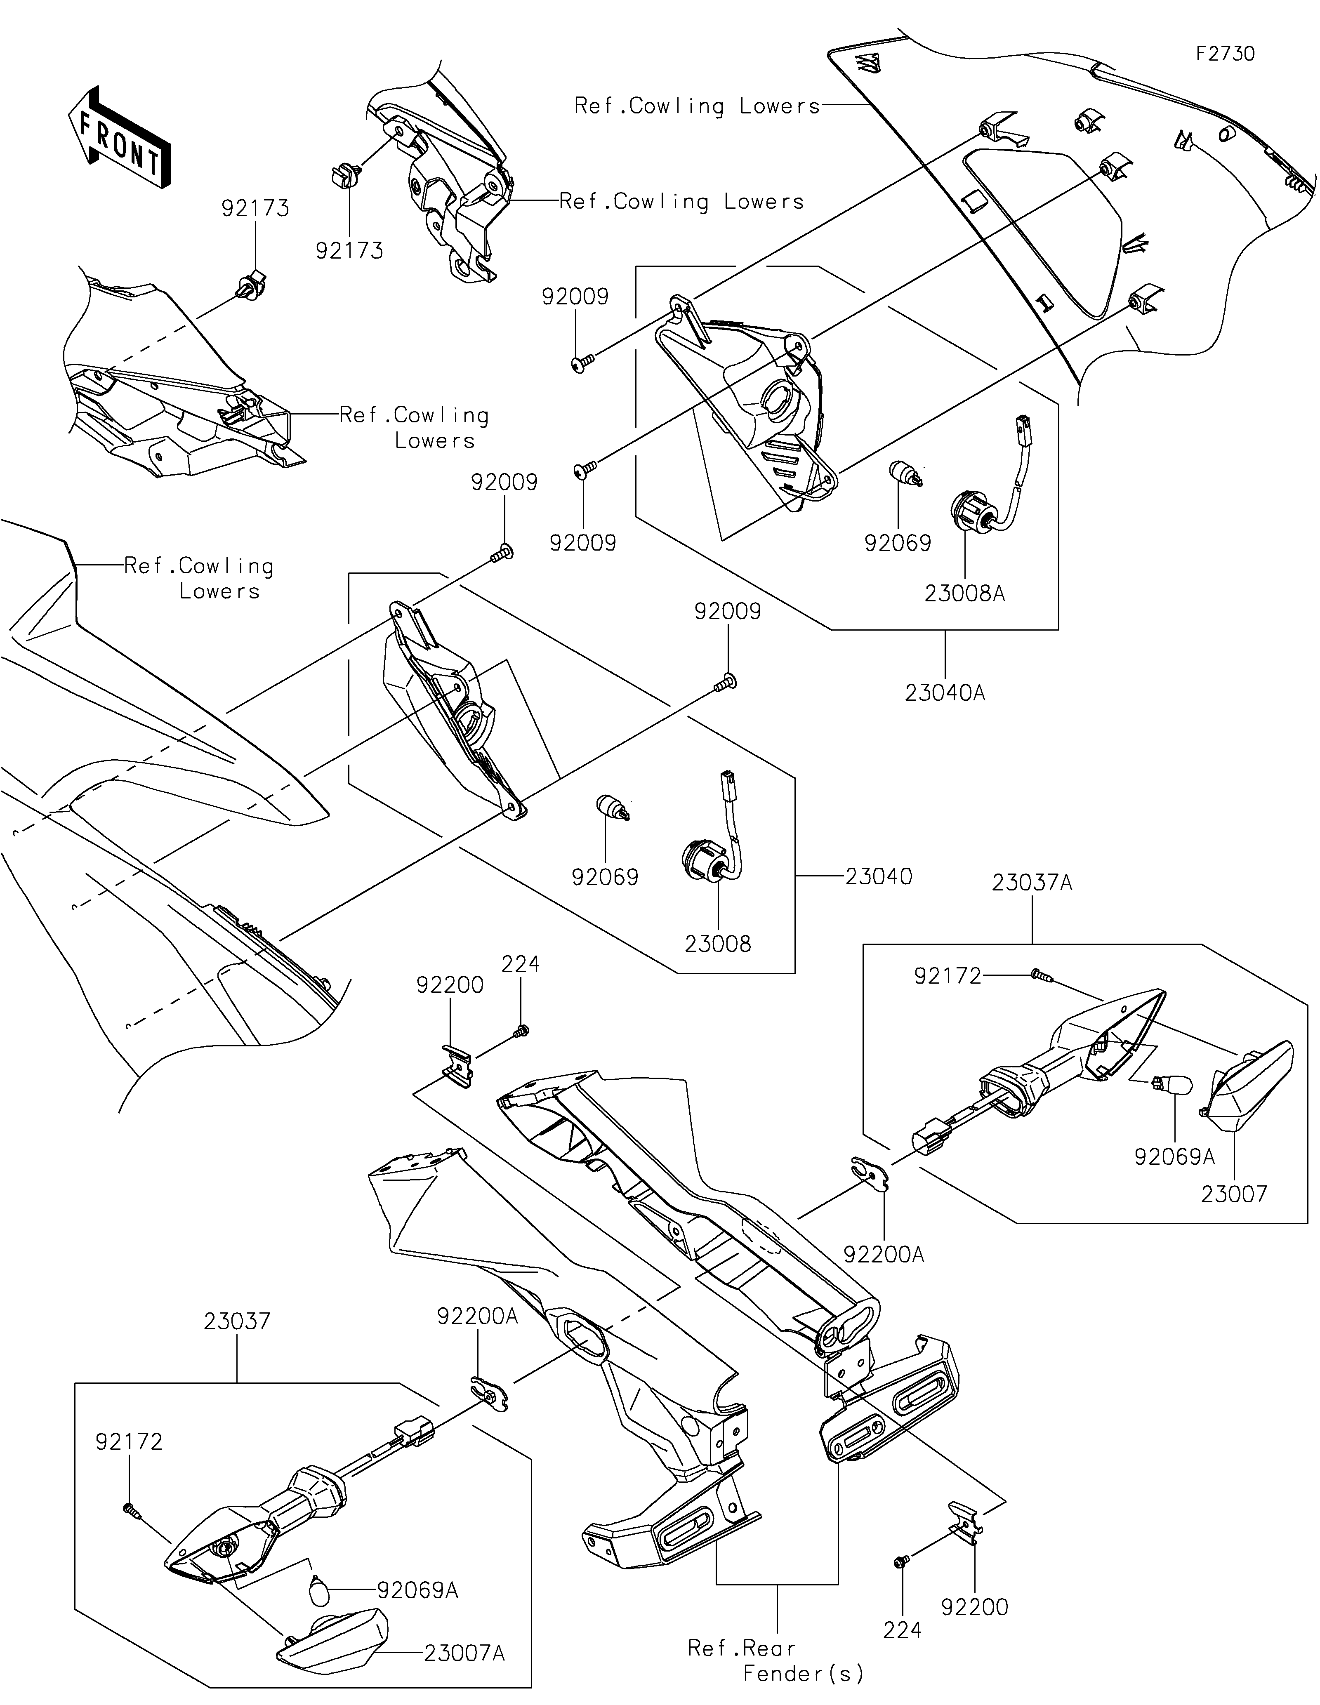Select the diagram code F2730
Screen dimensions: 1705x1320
point(1226,54)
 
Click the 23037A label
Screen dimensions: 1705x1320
point(1032,883)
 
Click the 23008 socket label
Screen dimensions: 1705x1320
point(717,944)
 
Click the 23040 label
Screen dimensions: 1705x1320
point(878,877)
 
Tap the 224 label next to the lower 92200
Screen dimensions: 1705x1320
point(903,1630)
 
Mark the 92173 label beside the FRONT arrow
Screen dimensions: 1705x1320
point(255,208)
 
